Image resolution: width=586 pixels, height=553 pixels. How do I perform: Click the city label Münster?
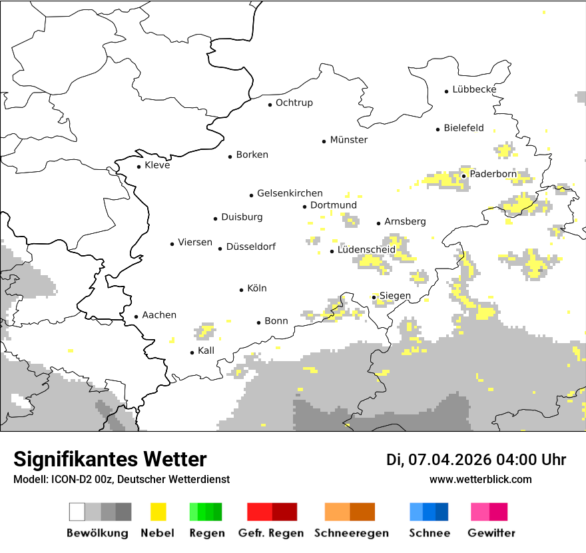tap(349, 140)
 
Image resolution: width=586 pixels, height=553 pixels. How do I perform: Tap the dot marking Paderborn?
tap(464, 176)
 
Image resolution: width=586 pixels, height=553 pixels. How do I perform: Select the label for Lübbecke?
tap(474, 89)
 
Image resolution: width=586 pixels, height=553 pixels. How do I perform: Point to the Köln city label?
tap(257, 288)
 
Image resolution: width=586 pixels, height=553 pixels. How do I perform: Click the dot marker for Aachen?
tap(136, 317)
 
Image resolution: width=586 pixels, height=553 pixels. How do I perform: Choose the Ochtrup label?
tap(294, 103)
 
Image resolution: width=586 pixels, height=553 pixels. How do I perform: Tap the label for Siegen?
tap(395, 296)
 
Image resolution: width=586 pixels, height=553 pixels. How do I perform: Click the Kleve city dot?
tap(139, 167)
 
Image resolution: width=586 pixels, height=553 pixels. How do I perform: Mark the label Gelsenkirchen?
tap(290, 193)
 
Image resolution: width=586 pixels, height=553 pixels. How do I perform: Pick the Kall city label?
tap(206, 350)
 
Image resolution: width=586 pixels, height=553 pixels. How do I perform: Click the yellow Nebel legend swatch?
tap(158, 512)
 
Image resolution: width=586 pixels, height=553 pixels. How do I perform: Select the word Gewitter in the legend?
tap(491, 533)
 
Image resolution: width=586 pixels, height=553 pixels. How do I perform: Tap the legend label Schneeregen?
tap(352, 533)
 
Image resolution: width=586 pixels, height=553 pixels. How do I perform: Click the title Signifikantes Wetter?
tap(110, 459)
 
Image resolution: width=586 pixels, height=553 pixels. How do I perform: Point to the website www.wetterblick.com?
tap(481, 479)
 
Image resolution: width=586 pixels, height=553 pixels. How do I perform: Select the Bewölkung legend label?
tap(97, 533)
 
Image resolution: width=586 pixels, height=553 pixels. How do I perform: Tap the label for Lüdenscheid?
tap(366, 250)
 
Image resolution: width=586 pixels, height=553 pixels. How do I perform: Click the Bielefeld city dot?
tap(438, 129)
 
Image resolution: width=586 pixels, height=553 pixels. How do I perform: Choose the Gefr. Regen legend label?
tap(271, 533)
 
